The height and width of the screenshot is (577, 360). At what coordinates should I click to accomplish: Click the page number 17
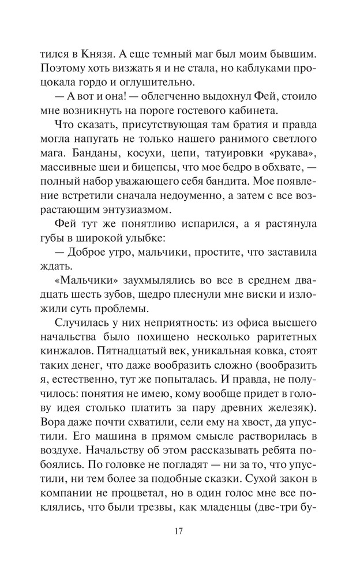[x=180, y=531]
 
